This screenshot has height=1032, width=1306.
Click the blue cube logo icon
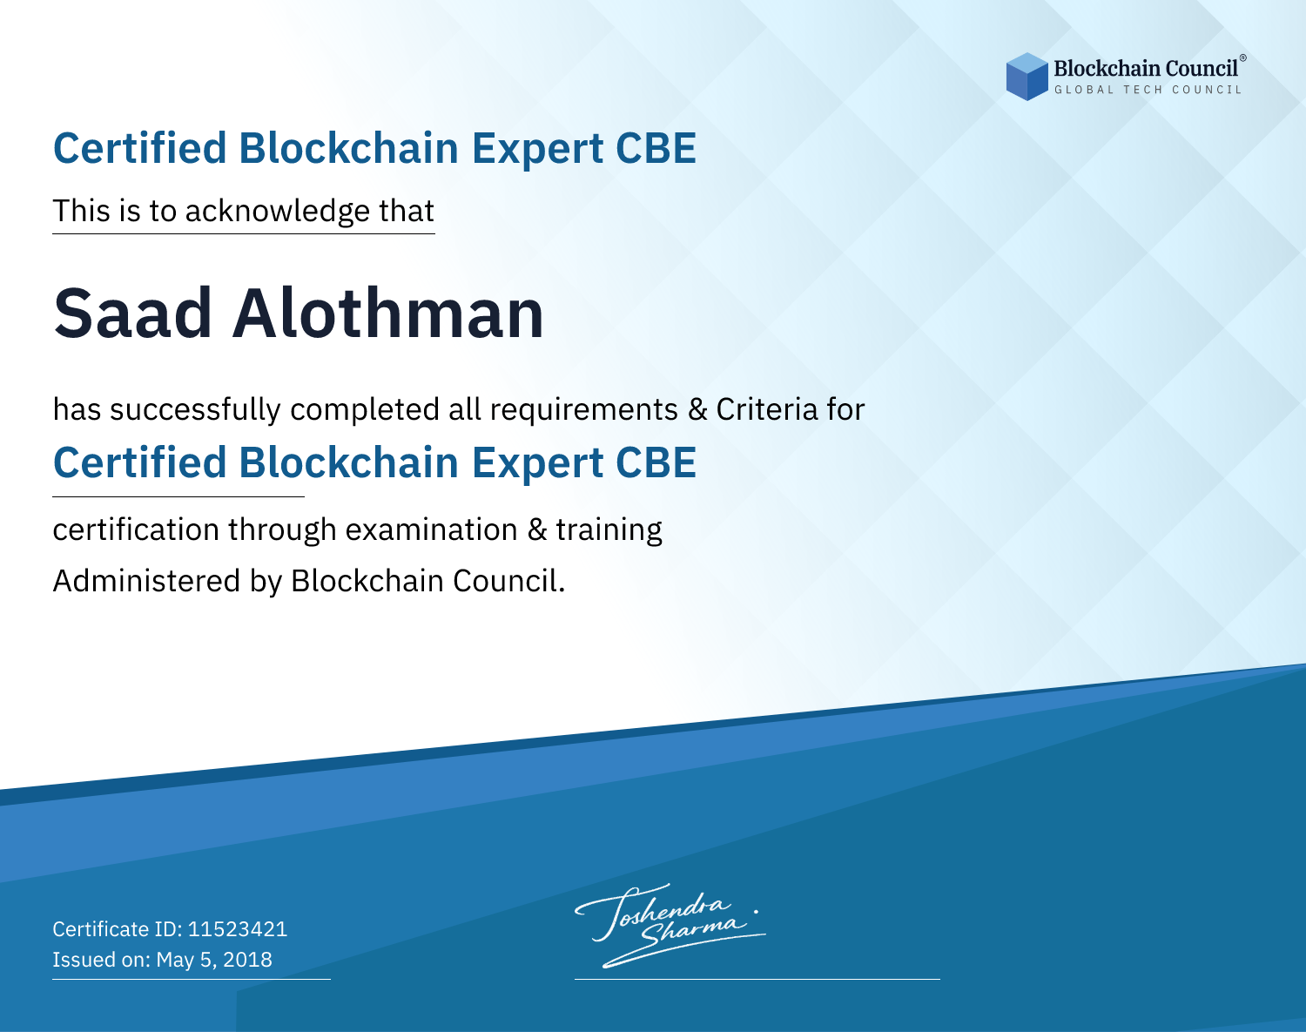pyautogui.click(x=1027, y=77)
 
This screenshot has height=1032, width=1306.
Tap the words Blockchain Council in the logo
pyautogui.click(x=1146, y=68)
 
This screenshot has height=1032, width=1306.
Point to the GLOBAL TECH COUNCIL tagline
pyautogui.click(x=1148, y=90)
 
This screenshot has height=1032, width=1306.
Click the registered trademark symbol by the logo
pyautogui.click(x=1243, y=58)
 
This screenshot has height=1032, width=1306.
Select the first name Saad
pyautogui.click(x=132, y=314)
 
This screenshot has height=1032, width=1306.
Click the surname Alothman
pyautogui.click(x=388, y=313)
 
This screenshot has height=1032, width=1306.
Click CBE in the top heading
pyautogui.click(x=656, y=148)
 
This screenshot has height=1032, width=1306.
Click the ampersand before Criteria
pyautogui.click(x=697, y=409)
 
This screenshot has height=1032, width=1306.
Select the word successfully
pyautogui.click(x=195, y=410)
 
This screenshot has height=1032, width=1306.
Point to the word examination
pyautogui.click(x=431, y=529)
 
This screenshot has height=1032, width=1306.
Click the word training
pyautogui.click(x=609, y=530)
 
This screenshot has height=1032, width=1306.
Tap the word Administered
pyautogui.click(x=147, y=580)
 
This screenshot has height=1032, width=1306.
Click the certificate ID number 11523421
pyautogui.click(x=238, y=928)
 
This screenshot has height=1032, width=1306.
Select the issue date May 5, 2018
pyautogui.click(x=214, y=960)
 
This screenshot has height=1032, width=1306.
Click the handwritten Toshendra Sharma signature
pyautogui.click(x=670, y=926)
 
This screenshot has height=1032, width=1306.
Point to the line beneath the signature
pyautogui.click(x=757, y=979)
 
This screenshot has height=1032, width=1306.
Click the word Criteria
pyautogui.click(x=766, y=409)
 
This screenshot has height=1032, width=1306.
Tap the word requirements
pyautogui.click(x=583, y=410)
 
